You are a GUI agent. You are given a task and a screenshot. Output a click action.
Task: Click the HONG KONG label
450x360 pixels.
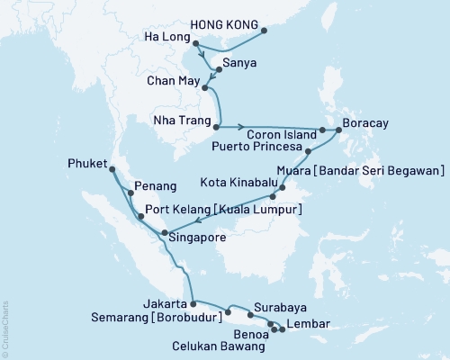(221, 25)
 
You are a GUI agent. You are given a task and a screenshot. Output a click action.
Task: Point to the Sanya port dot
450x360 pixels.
(216, 69)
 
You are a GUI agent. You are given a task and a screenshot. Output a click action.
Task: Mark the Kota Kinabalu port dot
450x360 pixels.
(283, 188)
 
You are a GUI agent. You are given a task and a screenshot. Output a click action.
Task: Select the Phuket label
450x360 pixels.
(87, 165)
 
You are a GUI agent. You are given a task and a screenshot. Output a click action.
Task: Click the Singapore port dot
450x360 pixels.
(164, 234)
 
